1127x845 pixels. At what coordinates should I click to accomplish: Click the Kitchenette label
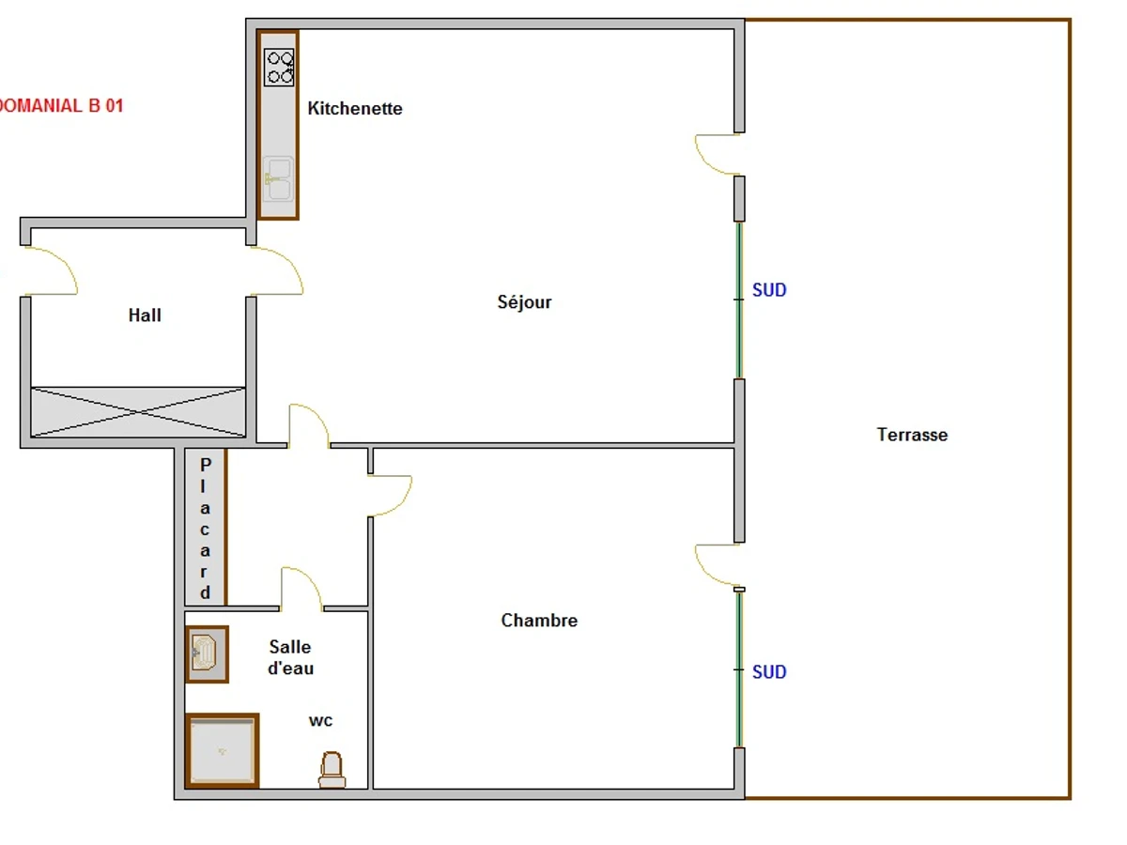click(355, 108)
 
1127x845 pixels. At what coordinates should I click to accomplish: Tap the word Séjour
click(524, 301)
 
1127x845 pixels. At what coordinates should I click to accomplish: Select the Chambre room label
click(539, 621)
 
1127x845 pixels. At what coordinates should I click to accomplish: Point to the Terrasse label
click(912, 435)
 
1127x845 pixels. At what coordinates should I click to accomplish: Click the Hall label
click(145, 315)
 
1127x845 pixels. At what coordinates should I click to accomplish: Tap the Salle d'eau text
click(290, 657)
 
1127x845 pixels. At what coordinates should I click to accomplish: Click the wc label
click(321, 721)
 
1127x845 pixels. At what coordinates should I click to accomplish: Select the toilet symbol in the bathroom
click(332, 770)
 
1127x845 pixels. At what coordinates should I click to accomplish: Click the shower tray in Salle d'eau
click(222, 751)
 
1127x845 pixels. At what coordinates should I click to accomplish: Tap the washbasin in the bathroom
click(207, 654)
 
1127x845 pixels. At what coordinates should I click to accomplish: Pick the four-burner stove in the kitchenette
click(279, 67)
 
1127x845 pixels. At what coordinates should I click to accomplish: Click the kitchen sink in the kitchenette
click(278, 179)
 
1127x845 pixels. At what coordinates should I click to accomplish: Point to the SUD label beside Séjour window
click(769, 290)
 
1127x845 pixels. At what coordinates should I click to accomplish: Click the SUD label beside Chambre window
click(769, 672)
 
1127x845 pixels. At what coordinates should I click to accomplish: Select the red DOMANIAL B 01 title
click(61, 106)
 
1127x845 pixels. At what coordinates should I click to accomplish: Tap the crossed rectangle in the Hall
click(138, 412)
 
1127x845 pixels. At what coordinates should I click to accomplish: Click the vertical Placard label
click(206, 529)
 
